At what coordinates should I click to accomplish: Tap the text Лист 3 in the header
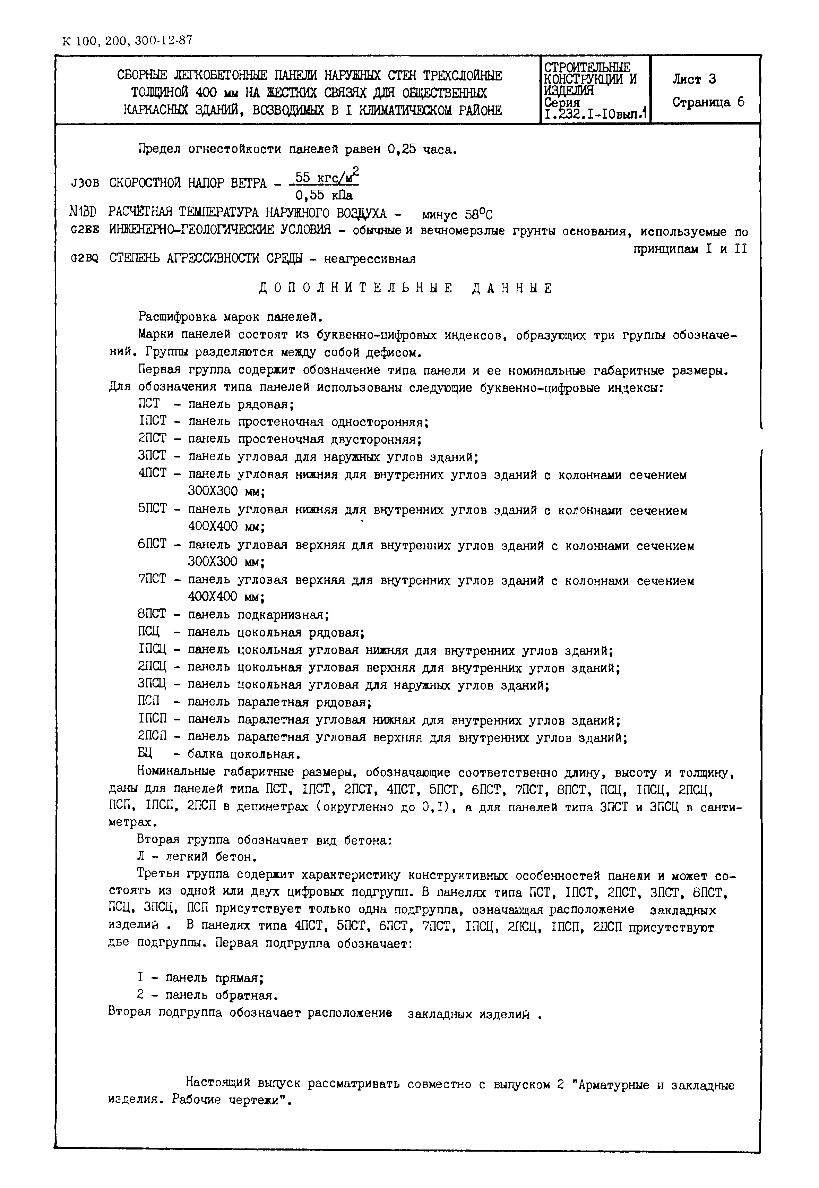(x=694, y=79)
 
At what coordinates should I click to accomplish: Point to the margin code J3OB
(x=85, y=183)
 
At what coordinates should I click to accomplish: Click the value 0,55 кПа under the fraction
(x=324, y=196)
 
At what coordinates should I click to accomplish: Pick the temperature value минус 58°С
(x=456, y=214)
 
